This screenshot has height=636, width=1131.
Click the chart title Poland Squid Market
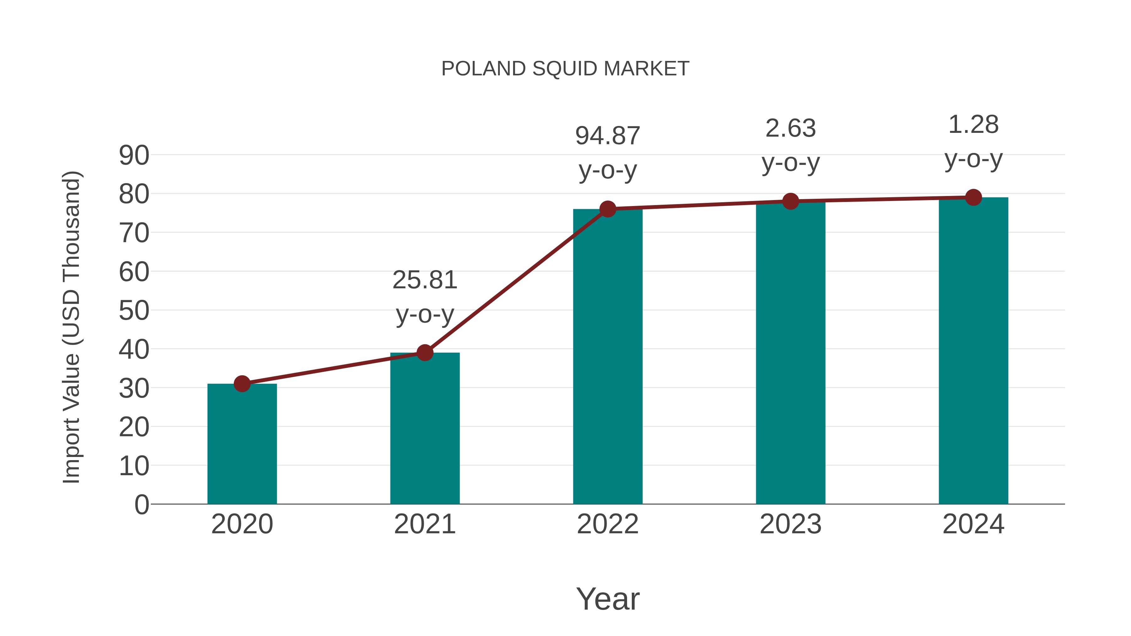565,69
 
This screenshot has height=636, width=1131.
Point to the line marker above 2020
242,383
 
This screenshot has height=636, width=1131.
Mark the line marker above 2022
608,209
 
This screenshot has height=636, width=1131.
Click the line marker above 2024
973,198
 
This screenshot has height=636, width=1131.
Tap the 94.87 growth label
608,136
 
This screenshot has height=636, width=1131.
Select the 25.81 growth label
424,280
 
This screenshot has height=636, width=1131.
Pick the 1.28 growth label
973,125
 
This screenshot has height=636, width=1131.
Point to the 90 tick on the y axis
134,155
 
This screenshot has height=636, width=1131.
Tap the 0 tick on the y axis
141,504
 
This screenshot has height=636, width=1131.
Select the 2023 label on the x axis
790,524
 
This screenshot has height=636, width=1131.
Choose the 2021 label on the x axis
424,524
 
